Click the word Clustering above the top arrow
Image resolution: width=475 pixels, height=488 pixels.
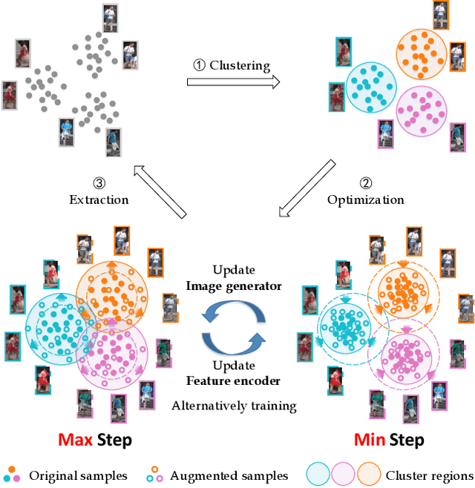240,65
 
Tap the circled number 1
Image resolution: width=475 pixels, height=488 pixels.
199,65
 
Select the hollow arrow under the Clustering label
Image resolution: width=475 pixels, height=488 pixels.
232,82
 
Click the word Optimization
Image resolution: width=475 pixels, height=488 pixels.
365,200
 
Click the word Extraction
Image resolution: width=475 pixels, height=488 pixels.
99,200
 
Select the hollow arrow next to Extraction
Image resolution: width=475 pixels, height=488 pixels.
159,191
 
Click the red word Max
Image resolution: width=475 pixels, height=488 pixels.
76,440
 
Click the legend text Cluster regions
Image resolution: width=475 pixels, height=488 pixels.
429,475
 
